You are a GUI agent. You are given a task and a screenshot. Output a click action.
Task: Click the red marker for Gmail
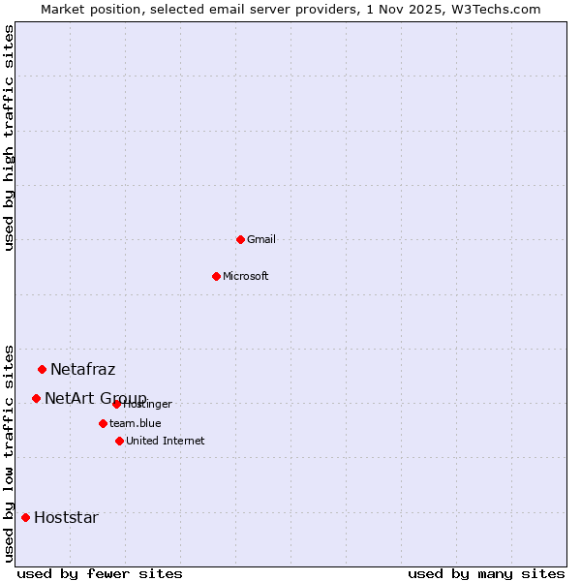pos(240,239)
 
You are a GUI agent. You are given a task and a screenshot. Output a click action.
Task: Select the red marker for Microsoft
pos(216,276)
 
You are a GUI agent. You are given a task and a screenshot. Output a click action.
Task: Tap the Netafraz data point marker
pos(42,369)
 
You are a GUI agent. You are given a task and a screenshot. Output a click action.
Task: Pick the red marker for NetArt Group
pos(36,398)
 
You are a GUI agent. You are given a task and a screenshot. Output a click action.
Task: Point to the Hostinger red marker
pos(116,404)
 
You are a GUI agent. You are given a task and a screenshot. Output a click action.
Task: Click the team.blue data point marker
pos(103,423)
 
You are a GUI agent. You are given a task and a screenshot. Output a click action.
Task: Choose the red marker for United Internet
pos(119,441)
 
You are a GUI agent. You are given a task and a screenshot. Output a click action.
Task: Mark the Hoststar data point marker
pos(25,517)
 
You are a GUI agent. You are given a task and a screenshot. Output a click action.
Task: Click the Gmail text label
pos(261,239)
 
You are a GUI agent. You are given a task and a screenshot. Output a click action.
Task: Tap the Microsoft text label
pos(246,276)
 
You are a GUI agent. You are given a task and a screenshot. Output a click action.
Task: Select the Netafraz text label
pos(82,369)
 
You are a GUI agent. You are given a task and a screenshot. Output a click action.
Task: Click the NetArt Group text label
pos(95,398)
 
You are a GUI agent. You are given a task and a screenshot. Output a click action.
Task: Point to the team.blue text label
pos(136,423)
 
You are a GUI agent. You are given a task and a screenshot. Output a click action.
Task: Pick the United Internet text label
pos(165,441)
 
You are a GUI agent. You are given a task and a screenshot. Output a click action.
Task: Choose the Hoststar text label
pos(66,517)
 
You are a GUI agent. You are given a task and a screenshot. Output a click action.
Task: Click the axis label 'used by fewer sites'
pos(100,573)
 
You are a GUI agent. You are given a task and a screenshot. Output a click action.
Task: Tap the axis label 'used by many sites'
pos(486,573)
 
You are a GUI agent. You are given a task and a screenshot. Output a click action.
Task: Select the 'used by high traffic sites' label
pos(9,138)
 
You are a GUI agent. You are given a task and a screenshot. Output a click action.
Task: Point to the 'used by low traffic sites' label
pos(9,452)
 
